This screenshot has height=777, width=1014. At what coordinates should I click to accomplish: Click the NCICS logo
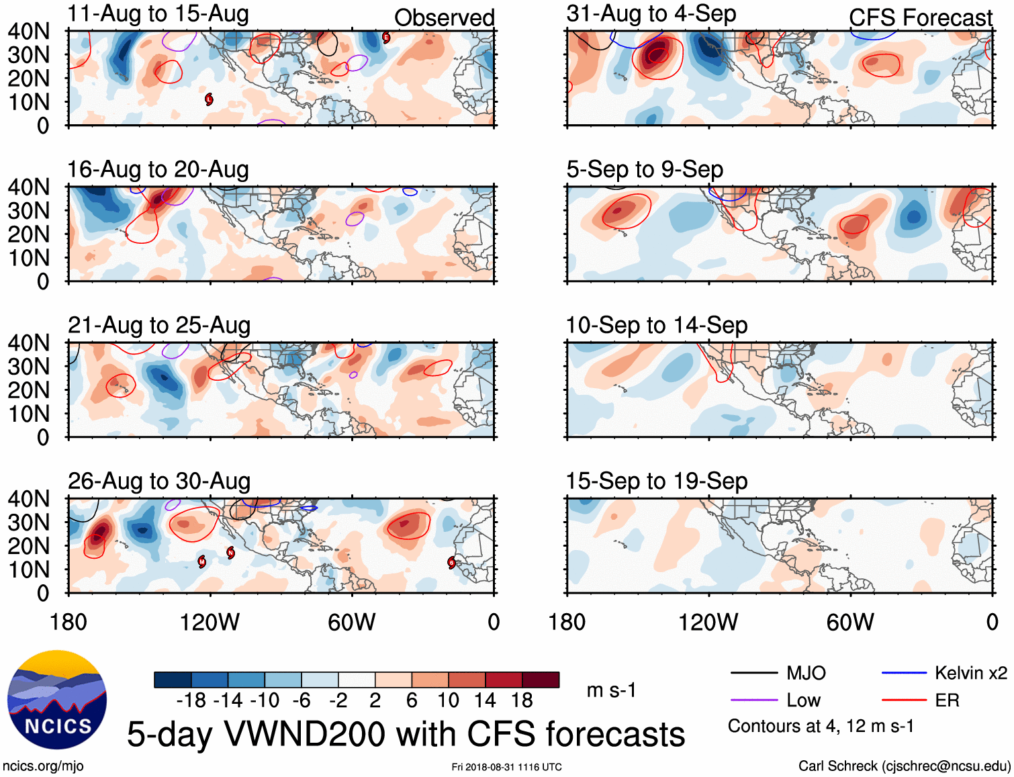click(57, 699)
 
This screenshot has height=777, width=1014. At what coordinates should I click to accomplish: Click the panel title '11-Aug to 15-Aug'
click(158, 13)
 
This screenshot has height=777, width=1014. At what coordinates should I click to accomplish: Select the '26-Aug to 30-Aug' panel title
click(159, 481)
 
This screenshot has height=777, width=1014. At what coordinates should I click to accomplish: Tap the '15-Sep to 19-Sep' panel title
click(656, 481)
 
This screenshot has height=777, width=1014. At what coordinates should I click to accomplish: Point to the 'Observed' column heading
click(444, 17)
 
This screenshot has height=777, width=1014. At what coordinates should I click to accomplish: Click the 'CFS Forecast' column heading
click(920, 17)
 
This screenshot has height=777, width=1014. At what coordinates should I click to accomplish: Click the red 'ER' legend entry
click(947, 700)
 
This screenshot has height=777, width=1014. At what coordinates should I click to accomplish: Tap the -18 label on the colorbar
click(191, 700)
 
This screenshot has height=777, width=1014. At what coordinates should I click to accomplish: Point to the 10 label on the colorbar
click(448, 700)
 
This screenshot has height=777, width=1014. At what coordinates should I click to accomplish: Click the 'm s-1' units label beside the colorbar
click(611, 690)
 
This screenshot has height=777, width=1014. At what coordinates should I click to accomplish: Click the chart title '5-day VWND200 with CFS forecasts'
click(406, 734)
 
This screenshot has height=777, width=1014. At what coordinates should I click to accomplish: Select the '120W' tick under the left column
click(210, 623)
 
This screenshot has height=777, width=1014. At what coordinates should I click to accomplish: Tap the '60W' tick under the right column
click(850, 623)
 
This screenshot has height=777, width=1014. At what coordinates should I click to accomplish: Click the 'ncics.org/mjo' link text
click(43, 766)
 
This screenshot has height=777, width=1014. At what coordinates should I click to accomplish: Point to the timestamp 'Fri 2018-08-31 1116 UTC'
click(506, 767)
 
